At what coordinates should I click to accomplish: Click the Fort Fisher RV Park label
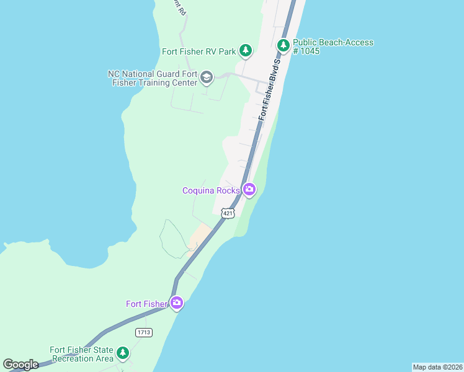coord(198,52)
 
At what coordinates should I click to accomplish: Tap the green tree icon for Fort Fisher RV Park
coord(246,50)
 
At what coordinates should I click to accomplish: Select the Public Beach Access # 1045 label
coord(333,46)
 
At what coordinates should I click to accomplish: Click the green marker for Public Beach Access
coord(283,45)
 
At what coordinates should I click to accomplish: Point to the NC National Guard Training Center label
coord(152,77)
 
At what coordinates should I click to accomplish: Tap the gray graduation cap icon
coord(207,77)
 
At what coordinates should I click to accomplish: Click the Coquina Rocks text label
coord(211,190)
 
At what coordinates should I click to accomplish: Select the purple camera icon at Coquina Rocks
coord(249,189)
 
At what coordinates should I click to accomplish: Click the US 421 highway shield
coord(228,213)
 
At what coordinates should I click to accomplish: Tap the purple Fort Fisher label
coord(146,304)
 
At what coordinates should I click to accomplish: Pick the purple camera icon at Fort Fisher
coord(177,303)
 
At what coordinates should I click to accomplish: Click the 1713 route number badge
coord(145,333)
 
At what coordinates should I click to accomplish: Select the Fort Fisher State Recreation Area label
coord(82,354)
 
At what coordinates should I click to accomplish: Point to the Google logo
coord(20,364)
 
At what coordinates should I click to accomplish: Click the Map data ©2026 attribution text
coord(437,367)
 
